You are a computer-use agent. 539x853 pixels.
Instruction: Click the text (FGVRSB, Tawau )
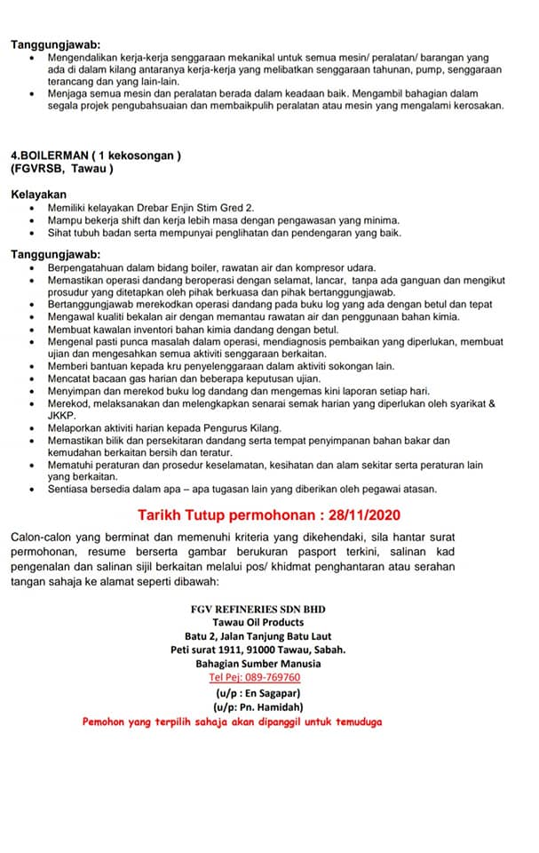click(x=62, y=169)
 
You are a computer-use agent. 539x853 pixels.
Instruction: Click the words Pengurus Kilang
click(x=242, y=427)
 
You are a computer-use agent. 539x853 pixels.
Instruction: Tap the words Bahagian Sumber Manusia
click(x=258, y=663)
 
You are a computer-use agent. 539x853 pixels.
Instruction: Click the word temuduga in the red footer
click(x=355, y=721)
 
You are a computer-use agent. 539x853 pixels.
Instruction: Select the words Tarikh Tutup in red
click(x=185, y=514)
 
